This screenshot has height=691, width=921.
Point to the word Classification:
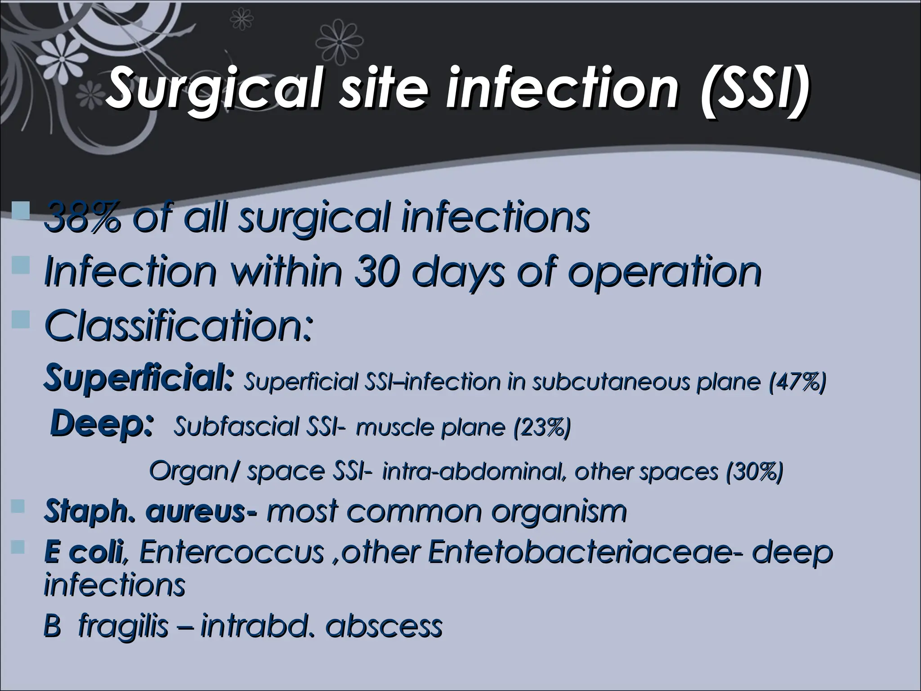pyautogui.click(x=177, y=325)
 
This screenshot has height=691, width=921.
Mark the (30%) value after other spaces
pyautogui.click(x=754, y=471)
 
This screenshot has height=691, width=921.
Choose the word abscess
pyautogui.click(x=384, y=626)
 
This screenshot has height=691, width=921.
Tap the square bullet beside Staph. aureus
pyautogui.click(x=19, y=507)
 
